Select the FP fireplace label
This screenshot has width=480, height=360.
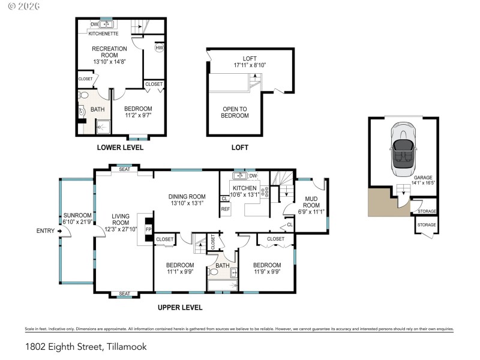click(148, 229)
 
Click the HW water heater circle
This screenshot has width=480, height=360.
click(159, 48)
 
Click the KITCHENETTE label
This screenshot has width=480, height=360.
click(103, 34)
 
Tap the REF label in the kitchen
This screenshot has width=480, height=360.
click(226, 209)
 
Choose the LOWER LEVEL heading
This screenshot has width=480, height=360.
click(120, 147)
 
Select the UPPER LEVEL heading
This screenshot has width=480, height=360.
click(180, 307)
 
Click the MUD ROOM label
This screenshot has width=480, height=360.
click(311, 205)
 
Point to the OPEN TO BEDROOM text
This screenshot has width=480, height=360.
click(235, 112)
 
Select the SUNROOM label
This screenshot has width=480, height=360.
click(78, 218)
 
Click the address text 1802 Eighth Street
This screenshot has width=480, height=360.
click(86, 346)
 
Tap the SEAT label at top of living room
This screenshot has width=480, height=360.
click(124, 169)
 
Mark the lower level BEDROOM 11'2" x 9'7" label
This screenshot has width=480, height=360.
click(137, 112)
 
